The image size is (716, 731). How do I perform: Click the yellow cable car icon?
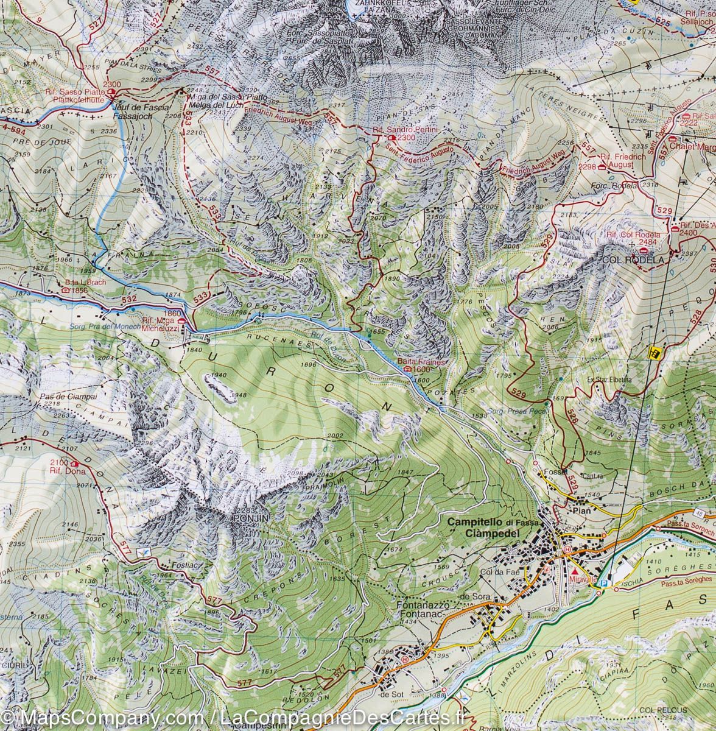655,351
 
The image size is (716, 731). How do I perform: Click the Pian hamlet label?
581,495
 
